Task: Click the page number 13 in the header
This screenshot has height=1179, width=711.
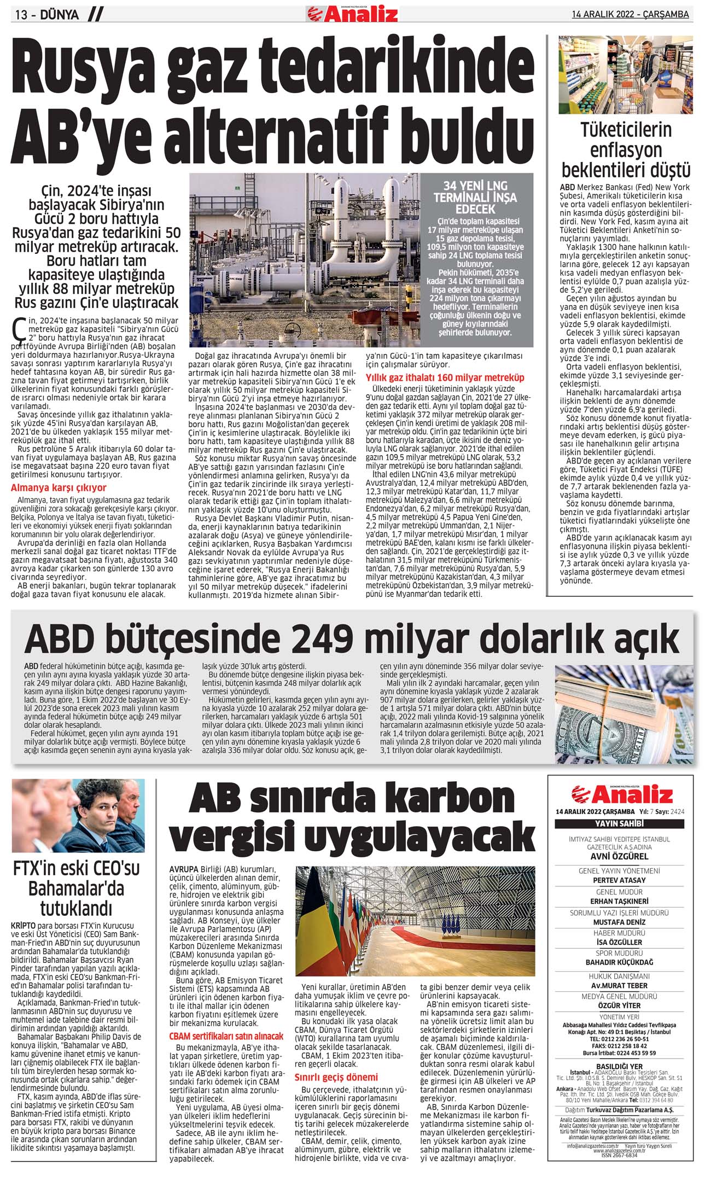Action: pos(21,14)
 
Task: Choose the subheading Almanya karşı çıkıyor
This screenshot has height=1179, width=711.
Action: pos(59,487)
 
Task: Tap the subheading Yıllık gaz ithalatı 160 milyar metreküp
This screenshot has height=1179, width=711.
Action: pos(445,377)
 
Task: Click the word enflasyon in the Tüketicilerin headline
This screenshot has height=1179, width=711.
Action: pos(626,150)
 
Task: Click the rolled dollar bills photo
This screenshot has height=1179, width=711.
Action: pos(623,714)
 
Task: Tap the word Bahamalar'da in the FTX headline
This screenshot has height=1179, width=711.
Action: pos(76,888)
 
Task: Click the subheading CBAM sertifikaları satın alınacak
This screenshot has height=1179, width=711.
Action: pos(226,1036)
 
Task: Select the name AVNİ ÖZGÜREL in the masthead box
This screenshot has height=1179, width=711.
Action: pos(619,856)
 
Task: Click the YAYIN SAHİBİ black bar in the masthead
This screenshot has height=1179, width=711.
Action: pos(619,823)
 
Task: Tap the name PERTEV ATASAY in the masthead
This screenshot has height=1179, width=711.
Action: pos(619,880)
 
